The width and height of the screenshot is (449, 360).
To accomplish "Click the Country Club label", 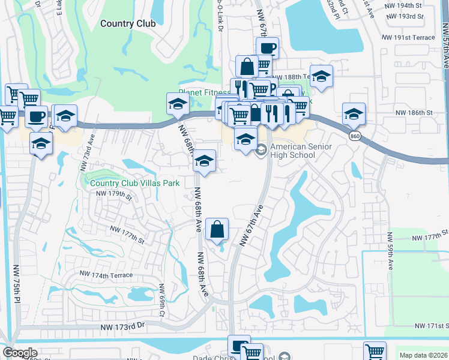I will [128, 24].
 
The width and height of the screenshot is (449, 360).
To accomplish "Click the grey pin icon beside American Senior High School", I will [261, 150].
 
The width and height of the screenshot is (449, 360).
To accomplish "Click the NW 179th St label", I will [113, 194].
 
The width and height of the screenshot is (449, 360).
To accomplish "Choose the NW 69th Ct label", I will [161, 301].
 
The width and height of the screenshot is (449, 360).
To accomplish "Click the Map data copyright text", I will [423, 355].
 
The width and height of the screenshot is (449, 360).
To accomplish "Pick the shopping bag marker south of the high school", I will [217, 229].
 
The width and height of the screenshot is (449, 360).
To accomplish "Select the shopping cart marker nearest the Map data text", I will [375, 351].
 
